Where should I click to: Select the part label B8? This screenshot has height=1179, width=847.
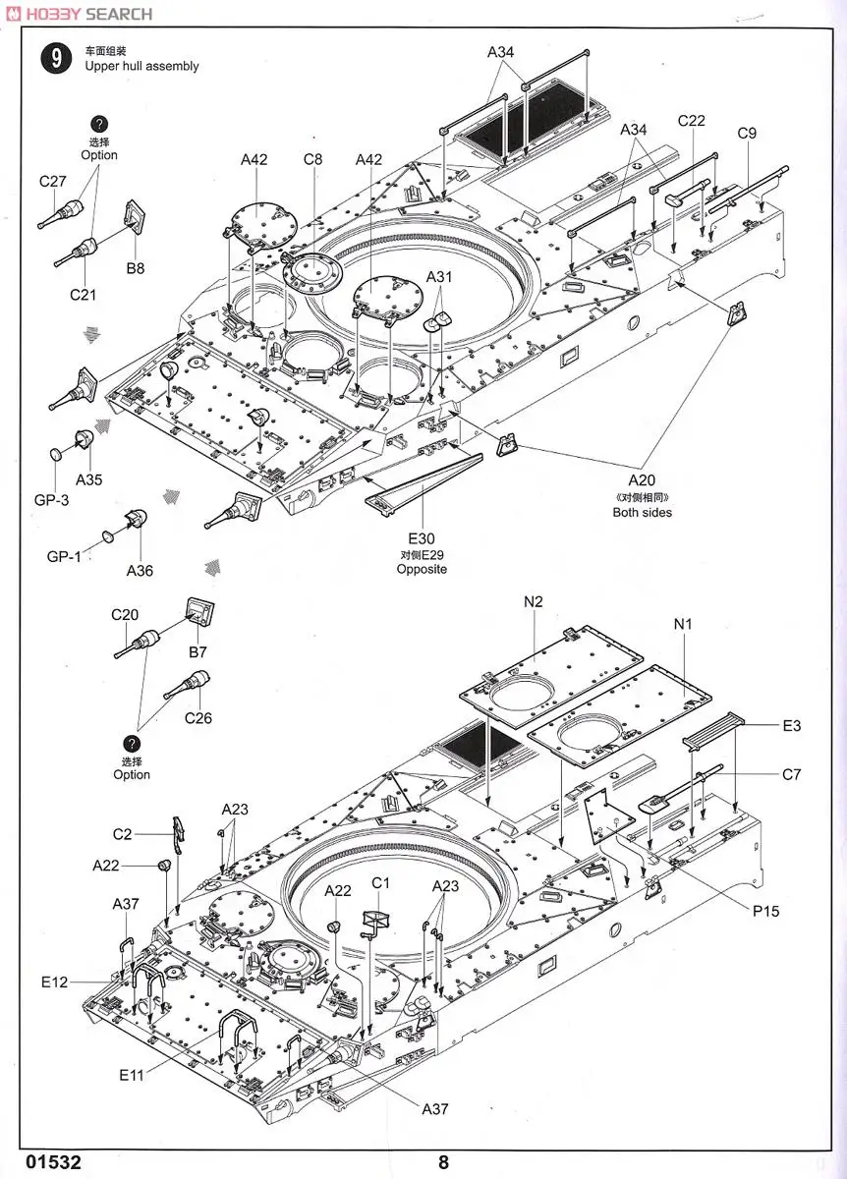[x=135, y=267]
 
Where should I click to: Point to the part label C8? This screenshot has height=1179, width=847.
[x=312, y=159]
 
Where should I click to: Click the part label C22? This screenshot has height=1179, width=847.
[x=692, y=121]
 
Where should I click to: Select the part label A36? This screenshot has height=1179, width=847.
[x=140, y=570]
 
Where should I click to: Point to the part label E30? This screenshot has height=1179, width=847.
[x=422, y=538]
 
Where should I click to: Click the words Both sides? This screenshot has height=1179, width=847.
[x=643, y=512]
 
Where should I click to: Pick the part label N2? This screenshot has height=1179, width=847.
[x=533, y=600]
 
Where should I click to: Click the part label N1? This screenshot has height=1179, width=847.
[x=683, y=623]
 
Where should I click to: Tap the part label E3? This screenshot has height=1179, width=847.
[x=792, y=725]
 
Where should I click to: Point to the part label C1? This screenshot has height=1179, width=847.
[x=381, y=882]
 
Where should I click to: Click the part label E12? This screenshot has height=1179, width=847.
[x=54, y=982]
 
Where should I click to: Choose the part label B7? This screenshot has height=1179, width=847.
[x=197, y=652]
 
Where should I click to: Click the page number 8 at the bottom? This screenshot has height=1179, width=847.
[x=444, y=1161]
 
